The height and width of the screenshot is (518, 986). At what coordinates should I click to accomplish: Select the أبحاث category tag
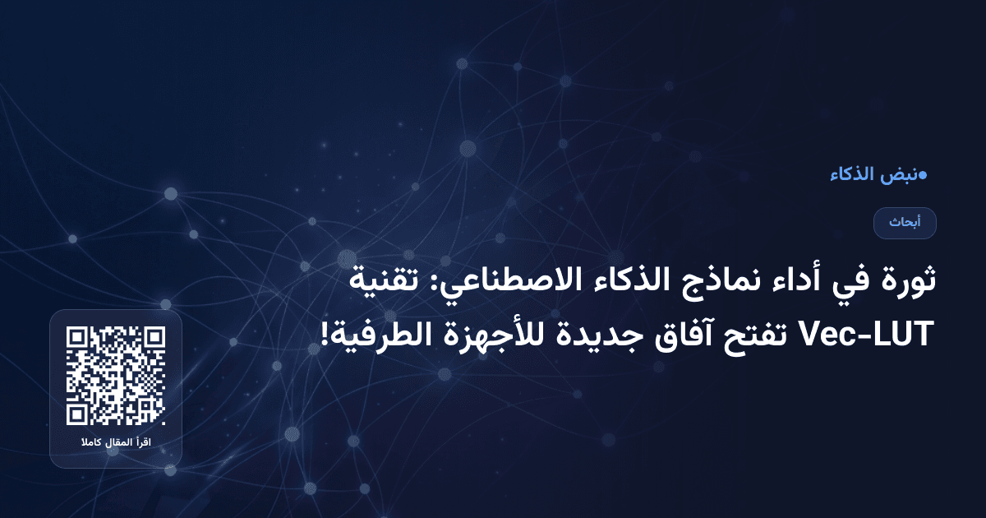pos(905,223)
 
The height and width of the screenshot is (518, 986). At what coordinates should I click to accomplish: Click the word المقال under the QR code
pos(117,444)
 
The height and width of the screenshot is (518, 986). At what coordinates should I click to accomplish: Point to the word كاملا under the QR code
pos(90,444)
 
